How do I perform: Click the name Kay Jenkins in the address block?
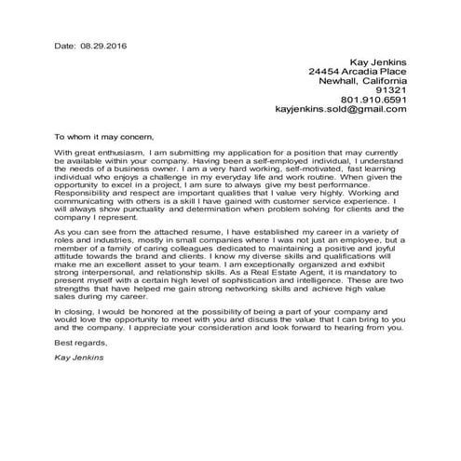(377, 61)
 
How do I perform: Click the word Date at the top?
(63, 44)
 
